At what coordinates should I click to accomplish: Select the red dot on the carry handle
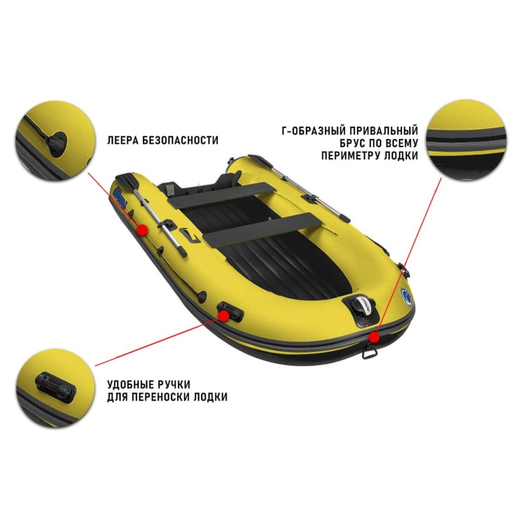pyautogui.click(x=224, y=315)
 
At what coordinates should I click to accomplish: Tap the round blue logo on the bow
pyautogui.click(x=407, y=297)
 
